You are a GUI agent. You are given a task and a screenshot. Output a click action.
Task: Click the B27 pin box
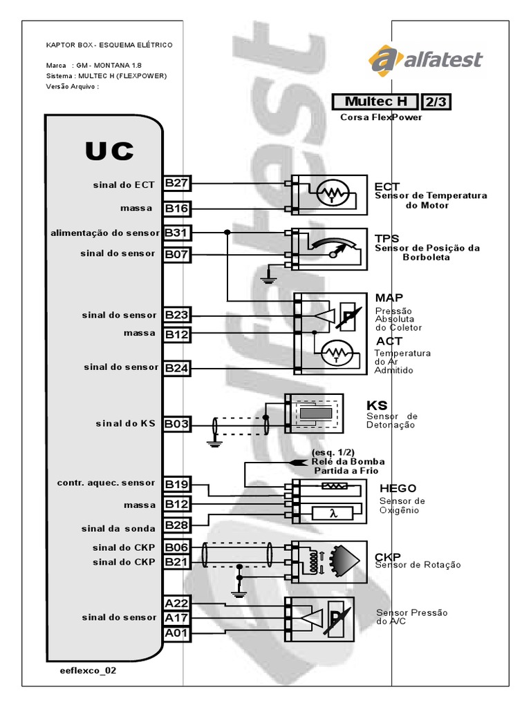pyautogui.click(x=176, y=184)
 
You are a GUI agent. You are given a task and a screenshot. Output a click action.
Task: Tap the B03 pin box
pyautogui.click(x=176, y=423)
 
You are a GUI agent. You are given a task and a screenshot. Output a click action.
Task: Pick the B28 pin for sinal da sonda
pyautogui.click(x=176, y=526)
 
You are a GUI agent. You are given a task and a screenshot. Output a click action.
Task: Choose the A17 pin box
pyautogui.click(x=176, y=617)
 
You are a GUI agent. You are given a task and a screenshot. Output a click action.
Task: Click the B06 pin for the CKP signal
pyautogui.click(x=176, y=547)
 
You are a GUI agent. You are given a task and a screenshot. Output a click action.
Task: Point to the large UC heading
pyautogui.click(x=109, y=151)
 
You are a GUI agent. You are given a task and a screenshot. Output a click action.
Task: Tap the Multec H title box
pyautogui.click(x=375, y=102)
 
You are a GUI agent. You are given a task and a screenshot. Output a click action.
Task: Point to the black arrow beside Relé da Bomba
pyautogui.click(x=297, y=461)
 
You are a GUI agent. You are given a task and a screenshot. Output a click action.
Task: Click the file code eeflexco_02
pyautogui.click(x=84, y=670)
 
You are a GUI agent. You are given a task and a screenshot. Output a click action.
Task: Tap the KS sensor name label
pyautogui.click(x=376, y=405)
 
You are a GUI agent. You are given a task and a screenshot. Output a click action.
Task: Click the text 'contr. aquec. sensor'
pyautogui.click(x=107, y=483)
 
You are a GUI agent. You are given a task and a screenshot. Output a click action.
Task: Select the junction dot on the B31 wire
pyautogui.click(x=227, y=232)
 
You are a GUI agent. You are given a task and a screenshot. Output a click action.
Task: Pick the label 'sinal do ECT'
pyautogui.click(x=124, y=184)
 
